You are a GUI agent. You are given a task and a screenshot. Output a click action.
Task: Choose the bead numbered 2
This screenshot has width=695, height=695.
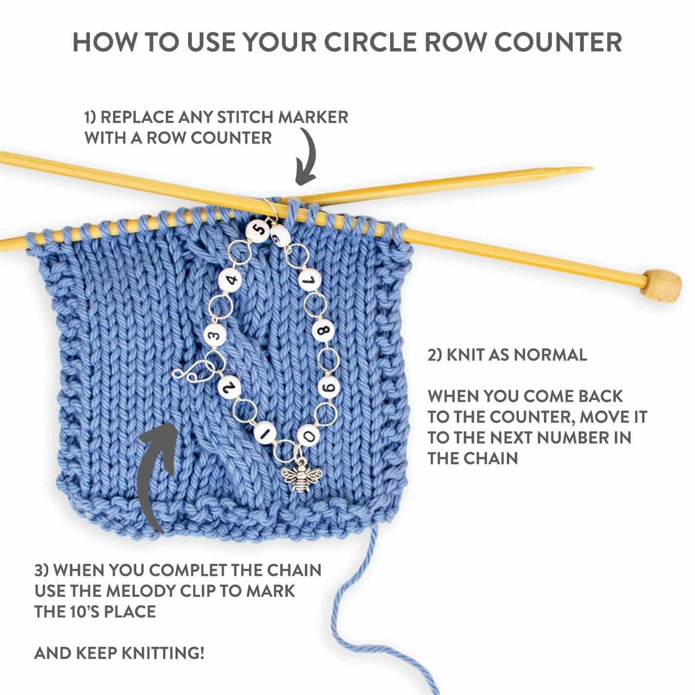pos(229,386)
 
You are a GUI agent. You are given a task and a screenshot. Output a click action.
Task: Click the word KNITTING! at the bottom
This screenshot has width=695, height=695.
pos(163,653)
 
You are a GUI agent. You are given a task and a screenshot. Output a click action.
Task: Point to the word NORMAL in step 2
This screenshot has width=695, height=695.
pos(550,355)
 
